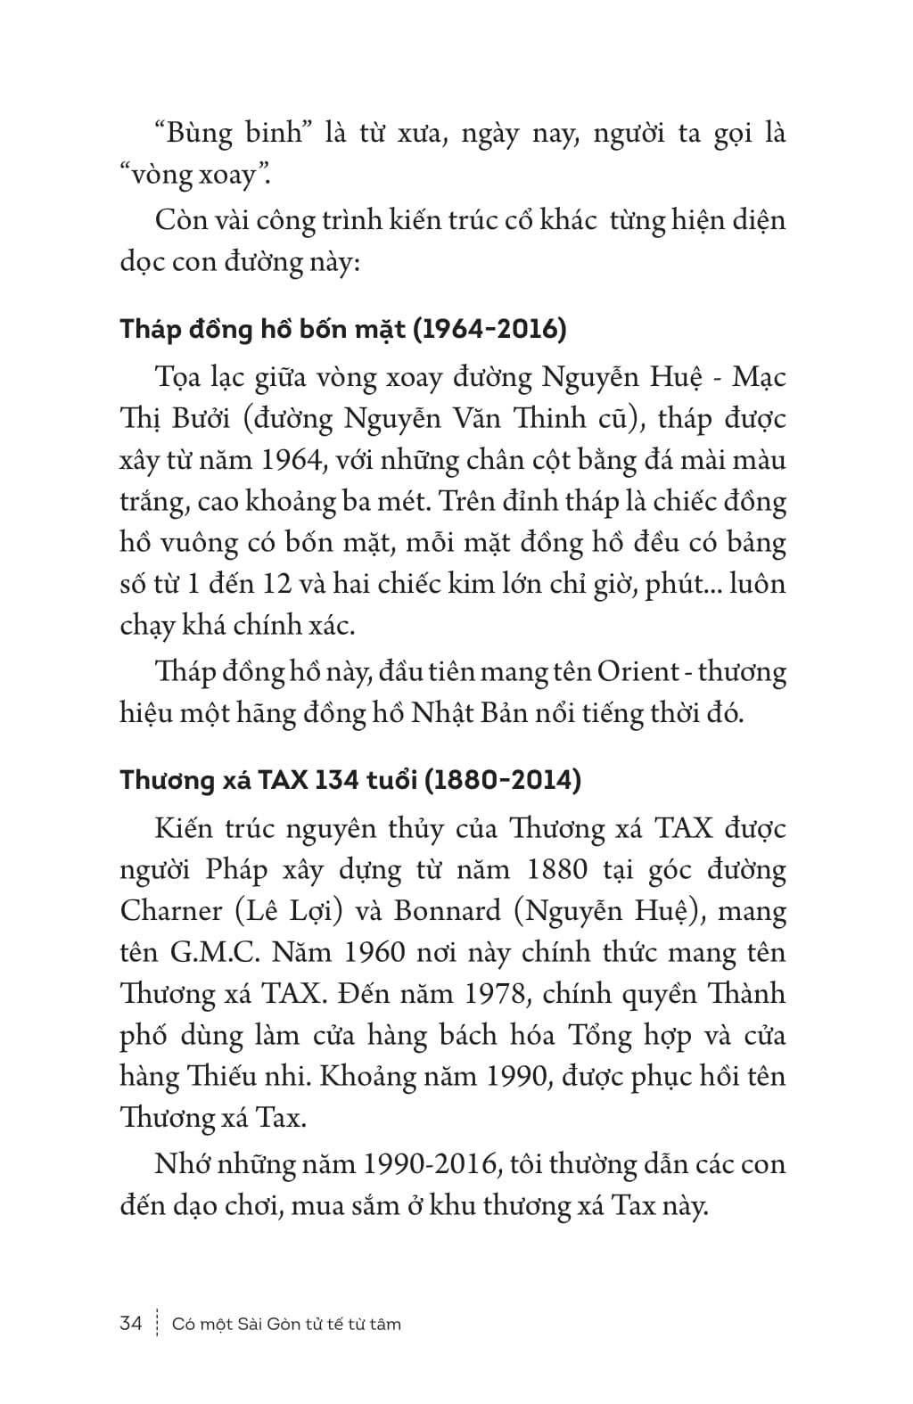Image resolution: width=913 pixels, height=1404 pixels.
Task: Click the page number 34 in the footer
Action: coord(130,1323)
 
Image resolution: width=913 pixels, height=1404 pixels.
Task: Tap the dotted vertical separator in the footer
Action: coord(157,1323)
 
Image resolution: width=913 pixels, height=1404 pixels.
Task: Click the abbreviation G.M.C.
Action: coord(214,952)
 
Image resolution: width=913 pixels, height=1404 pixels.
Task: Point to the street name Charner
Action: coord(170,911)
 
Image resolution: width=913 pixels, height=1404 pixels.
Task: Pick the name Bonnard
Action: coord(447,911)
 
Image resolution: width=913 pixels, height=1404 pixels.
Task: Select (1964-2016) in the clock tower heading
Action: coord(489,329)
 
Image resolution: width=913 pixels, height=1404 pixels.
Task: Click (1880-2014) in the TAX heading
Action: coord(502,780)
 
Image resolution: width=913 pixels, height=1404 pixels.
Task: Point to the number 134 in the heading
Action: coord(332,780)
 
